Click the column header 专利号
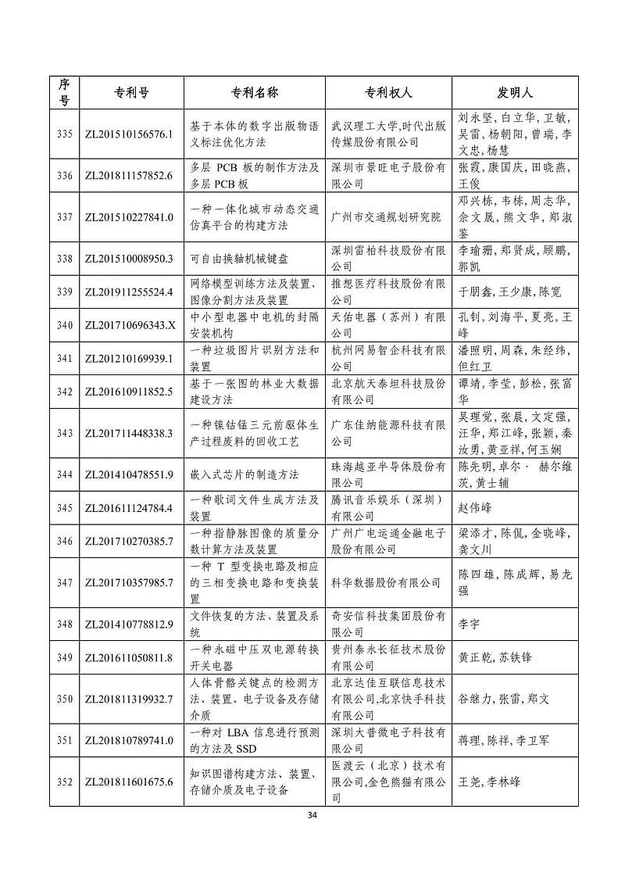click(128, 92)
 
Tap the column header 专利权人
click(387, 92)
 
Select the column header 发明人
click(515, 92)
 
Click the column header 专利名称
click(254, 92)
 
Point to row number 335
click(65, 134)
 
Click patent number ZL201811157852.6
click(128, 176)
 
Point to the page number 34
click(312, 815)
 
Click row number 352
click(65, 781)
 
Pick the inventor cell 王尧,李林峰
click(490, 781)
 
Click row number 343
click(65, 433)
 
